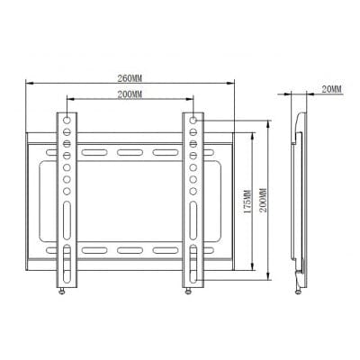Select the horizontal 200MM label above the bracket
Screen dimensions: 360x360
point(132,94)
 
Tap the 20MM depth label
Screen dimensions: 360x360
point(329,89)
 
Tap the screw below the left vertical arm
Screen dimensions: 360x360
point(61,289)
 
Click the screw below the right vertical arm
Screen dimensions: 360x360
point(188,289)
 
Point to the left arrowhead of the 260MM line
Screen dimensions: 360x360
point(27,83)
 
